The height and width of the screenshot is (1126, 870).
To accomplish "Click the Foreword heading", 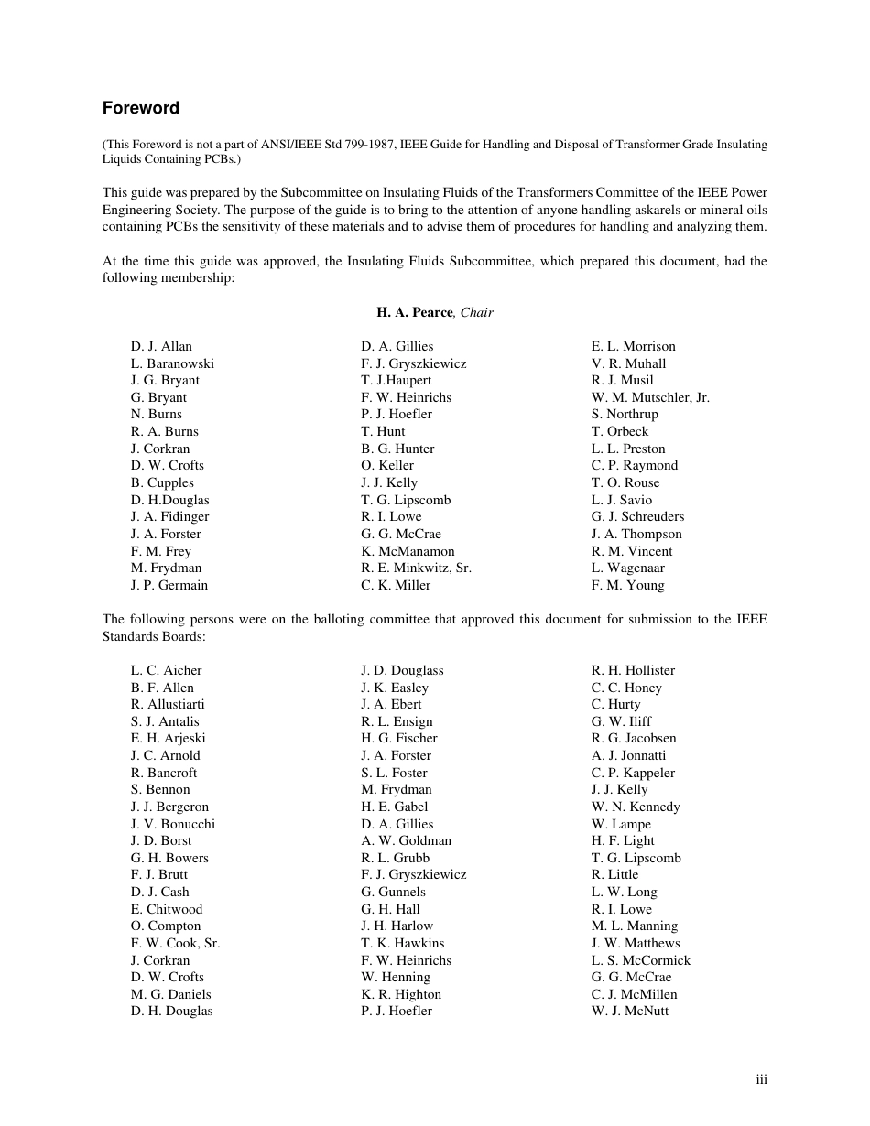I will pos(140,108).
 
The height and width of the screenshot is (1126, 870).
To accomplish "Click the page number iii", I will pos(761,1080).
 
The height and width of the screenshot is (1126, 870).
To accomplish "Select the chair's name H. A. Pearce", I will pos(414,312).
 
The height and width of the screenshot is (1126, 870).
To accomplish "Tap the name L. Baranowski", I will pos(172,363).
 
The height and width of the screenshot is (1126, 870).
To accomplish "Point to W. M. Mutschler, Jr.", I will pos(650,397).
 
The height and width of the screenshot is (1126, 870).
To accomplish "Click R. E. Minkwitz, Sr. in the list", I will pos(416,568).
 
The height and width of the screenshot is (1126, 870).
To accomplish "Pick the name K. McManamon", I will pos(408,551).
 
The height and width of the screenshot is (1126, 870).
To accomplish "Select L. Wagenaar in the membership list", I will pos(627,568).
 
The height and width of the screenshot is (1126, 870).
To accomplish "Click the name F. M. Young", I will pos(627,585).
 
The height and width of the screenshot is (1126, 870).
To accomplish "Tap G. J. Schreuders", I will pos(637,516).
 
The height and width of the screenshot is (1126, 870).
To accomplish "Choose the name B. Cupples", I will pos(162,482).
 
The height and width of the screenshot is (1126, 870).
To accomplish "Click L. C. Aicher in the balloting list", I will pos(166,670).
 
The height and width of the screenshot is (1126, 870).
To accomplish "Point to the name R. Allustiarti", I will pos(168,704).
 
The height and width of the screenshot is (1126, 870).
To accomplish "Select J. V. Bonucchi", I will pos(172,824).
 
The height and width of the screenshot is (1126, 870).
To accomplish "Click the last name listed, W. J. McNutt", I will pos(630,1011).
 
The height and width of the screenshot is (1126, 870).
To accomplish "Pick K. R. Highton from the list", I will pos(401,994).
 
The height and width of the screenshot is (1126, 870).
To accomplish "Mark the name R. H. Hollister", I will pos(633,670).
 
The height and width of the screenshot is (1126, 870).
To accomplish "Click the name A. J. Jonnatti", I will pos(628,755).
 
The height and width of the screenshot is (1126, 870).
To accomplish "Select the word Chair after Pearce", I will pos(476,312).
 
